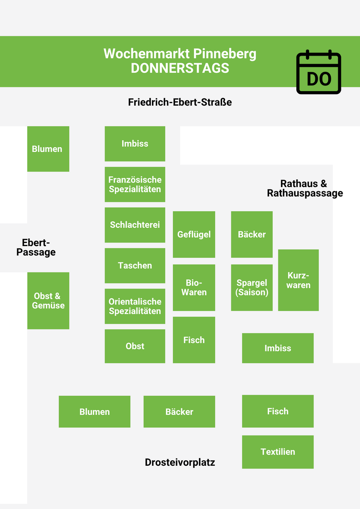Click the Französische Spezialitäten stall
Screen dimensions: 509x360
click(x=135, y=185)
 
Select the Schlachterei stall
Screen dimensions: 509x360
click(x=135, y=225)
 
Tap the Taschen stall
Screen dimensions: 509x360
click(x=135, y=266)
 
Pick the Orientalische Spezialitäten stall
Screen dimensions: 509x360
click(x=135, y=306)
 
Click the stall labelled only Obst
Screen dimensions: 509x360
click(x=135, y=346)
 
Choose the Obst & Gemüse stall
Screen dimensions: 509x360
click(x=48, y=301)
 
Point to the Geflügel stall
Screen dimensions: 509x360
click(x=194, y=235)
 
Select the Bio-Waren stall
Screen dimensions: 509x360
click(x=194, y=288)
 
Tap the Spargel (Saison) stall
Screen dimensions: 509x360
click(x=252, y=288)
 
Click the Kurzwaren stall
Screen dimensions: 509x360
click(x=298, y=280)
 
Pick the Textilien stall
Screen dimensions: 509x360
click(x=278, y=452)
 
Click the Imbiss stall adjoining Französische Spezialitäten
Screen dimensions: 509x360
click(x=135, y=144)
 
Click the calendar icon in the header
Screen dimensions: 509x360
click(x=318, y=72)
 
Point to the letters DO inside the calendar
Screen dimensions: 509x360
click(x=319, y=79)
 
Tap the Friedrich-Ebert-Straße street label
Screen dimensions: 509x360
click(x=180, y=102)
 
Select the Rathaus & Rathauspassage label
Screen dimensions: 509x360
click(x=305, y=188)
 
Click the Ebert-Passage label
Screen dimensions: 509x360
click(x=36, y=247)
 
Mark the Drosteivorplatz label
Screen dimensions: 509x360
click(x=180, y=462)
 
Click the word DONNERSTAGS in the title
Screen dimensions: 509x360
click(x=180, y=68)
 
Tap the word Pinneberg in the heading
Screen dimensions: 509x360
click(x=225, y=54)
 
